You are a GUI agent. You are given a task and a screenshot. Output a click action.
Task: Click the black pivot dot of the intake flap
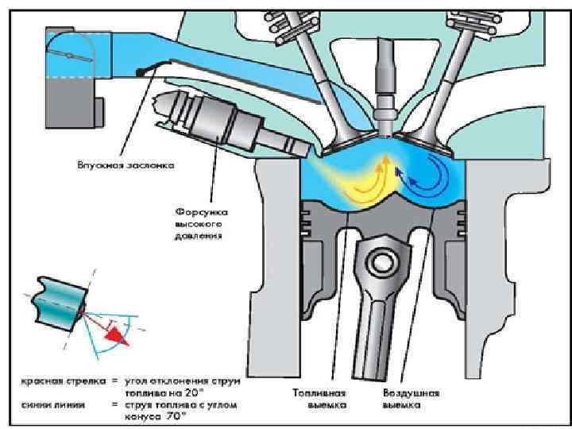(x=141, y=73)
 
